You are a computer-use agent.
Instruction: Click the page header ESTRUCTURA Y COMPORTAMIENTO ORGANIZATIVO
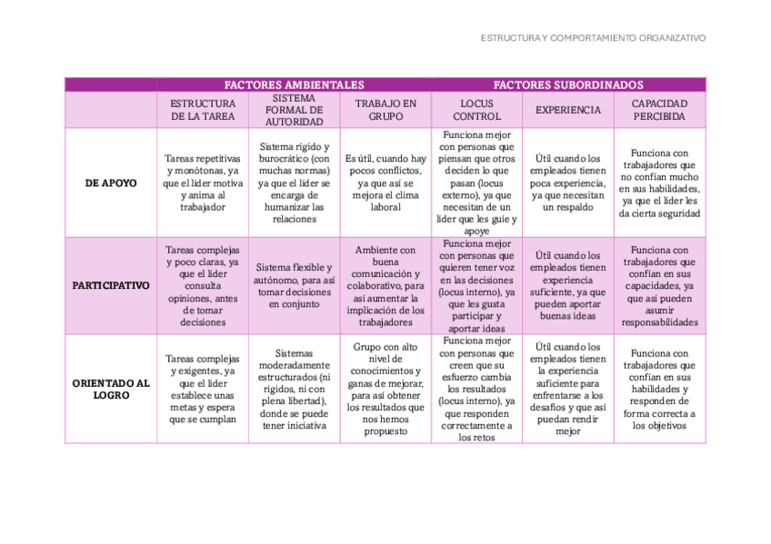(593, 38)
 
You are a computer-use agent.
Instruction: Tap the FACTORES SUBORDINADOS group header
(568, 84)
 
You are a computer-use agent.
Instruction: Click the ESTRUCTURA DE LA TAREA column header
(203, 110)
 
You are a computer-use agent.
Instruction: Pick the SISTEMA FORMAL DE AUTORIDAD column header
(294, 110)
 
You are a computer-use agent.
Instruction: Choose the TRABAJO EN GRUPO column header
(385, 110)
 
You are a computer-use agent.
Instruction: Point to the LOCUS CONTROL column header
(476, 110)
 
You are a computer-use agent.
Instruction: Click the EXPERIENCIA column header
(567, 110)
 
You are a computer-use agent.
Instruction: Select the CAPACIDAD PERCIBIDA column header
(659, 110)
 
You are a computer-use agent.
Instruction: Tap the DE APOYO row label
(111, 183)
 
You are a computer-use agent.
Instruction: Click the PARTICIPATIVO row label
(111, 285)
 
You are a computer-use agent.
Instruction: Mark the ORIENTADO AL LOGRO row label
(111, 389)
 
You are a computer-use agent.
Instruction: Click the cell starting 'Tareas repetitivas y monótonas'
(203, 183)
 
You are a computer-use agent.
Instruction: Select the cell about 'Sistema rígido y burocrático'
(294, 183)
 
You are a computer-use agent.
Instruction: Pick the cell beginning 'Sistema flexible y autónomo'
(294, 285)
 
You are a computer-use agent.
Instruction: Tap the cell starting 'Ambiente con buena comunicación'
(385, 285)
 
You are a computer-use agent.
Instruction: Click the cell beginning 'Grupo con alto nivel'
(385, 389)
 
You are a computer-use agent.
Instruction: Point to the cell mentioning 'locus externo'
(476, 183)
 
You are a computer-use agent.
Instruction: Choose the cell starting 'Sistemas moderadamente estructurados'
(294, 389)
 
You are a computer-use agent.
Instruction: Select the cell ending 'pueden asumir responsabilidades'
(659, 285)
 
